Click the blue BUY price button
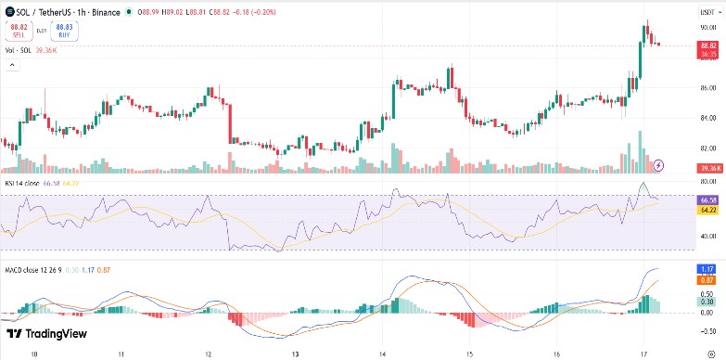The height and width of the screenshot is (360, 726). [64, 31]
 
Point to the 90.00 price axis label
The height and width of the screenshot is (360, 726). [708, 28]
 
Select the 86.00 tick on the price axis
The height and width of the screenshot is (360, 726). [708, 88]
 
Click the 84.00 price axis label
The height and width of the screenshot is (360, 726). [708, 118]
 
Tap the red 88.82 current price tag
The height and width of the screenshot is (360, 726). [709, 45]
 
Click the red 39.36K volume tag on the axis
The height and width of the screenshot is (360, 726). [710, 167]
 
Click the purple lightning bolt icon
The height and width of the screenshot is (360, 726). [658, 165]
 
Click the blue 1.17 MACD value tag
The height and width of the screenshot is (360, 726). [708, 269]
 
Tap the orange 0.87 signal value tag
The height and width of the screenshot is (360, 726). [708, 279]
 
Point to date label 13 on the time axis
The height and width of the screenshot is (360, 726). [295, 354]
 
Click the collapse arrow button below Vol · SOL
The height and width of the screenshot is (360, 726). [11, 65]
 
